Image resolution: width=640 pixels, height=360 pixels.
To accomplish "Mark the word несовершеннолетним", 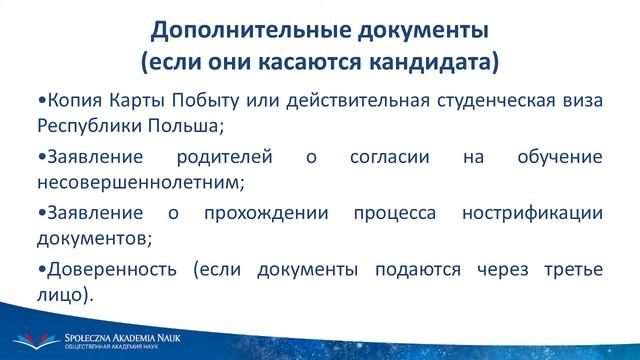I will click(135, 183).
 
